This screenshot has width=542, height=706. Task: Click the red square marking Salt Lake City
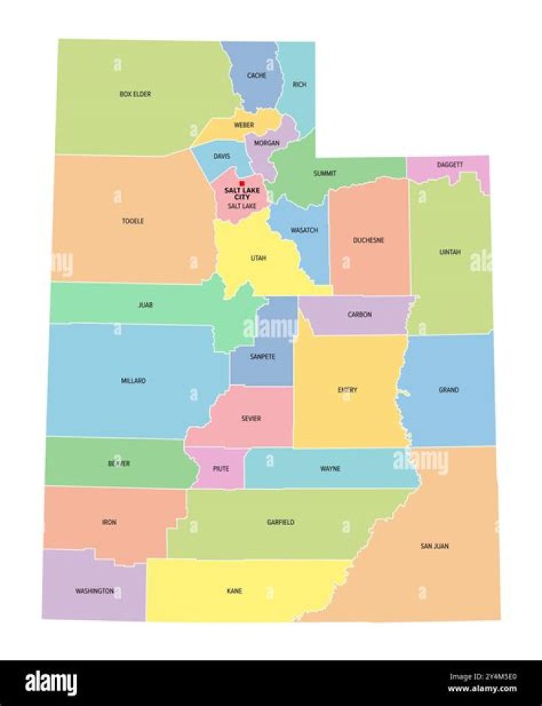[x=242, y=183]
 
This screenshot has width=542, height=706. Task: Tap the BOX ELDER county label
[x=135, y=94]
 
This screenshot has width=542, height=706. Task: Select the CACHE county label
[x=257, y=75]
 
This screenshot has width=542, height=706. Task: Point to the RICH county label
[x=299, y=84]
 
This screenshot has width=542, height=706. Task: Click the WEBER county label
[x=243, y=124]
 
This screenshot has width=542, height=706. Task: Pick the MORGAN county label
[x=266, y=143]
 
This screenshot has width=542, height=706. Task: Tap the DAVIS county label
[x=221, y=157]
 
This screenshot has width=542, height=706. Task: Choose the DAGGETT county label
[x=449, y=164]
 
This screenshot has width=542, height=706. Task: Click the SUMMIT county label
[x=324, y=173]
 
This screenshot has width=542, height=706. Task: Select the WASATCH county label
[x=304, y=230]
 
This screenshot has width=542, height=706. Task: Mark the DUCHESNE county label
[x=369, y=240]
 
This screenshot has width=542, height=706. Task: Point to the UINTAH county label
[x=450, y=252]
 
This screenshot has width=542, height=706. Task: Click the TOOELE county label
[x=132, y=221]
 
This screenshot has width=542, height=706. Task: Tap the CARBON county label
[x=359, y=314]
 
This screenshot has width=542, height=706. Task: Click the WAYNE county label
[x=330, y=469]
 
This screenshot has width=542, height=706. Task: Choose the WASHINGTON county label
[x=95, y=591]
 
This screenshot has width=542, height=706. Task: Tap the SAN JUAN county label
[x=434, y=546]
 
